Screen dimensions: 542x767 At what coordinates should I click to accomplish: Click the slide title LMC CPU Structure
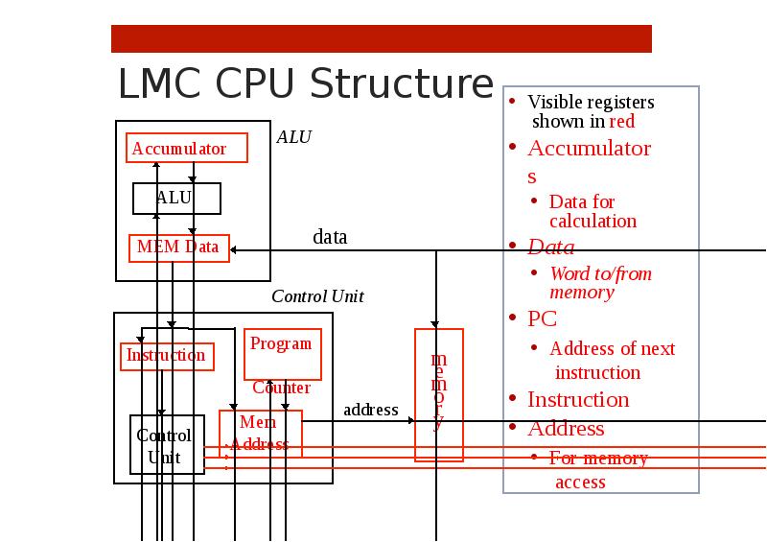pos(305,84)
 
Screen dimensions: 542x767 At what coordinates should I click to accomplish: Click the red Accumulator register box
pos(187,149)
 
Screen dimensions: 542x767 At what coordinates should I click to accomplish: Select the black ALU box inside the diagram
pos(176,199)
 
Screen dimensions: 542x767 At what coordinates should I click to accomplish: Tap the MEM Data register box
pos(179,247)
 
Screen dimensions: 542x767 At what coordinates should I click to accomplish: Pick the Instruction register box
pos(167,356)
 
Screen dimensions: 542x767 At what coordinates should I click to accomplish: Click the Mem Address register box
pos(260,434)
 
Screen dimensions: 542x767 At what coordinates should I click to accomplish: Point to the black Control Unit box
pos(167,445)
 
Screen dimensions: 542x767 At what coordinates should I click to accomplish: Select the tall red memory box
pos(438,394)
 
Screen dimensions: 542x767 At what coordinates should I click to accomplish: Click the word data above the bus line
pos(330,237)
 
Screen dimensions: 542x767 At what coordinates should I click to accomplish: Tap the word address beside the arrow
pos(370,411)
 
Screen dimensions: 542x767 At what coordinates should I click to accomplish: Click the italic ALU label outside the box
pos(293,137)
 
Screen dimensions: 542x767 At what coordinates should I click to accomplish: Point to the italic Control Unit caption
pos(317,296)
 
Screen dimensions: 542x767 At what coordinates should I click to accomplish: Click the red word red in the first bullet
pos(622,122)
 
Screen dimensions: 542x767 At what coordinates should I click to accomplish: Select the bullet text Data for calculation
pos(592,211)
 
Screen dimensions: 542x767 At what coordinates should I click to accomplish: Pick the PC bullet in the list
pos(542,318)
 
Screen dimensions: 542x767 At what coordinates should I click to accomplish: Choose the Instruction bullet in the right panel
pos(578,399)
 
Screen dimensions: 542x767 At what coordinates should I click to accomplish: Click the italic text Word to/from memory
pos(599,283)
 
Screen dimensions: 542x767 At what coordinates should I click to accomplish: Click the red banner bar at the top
pos(381,38)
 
